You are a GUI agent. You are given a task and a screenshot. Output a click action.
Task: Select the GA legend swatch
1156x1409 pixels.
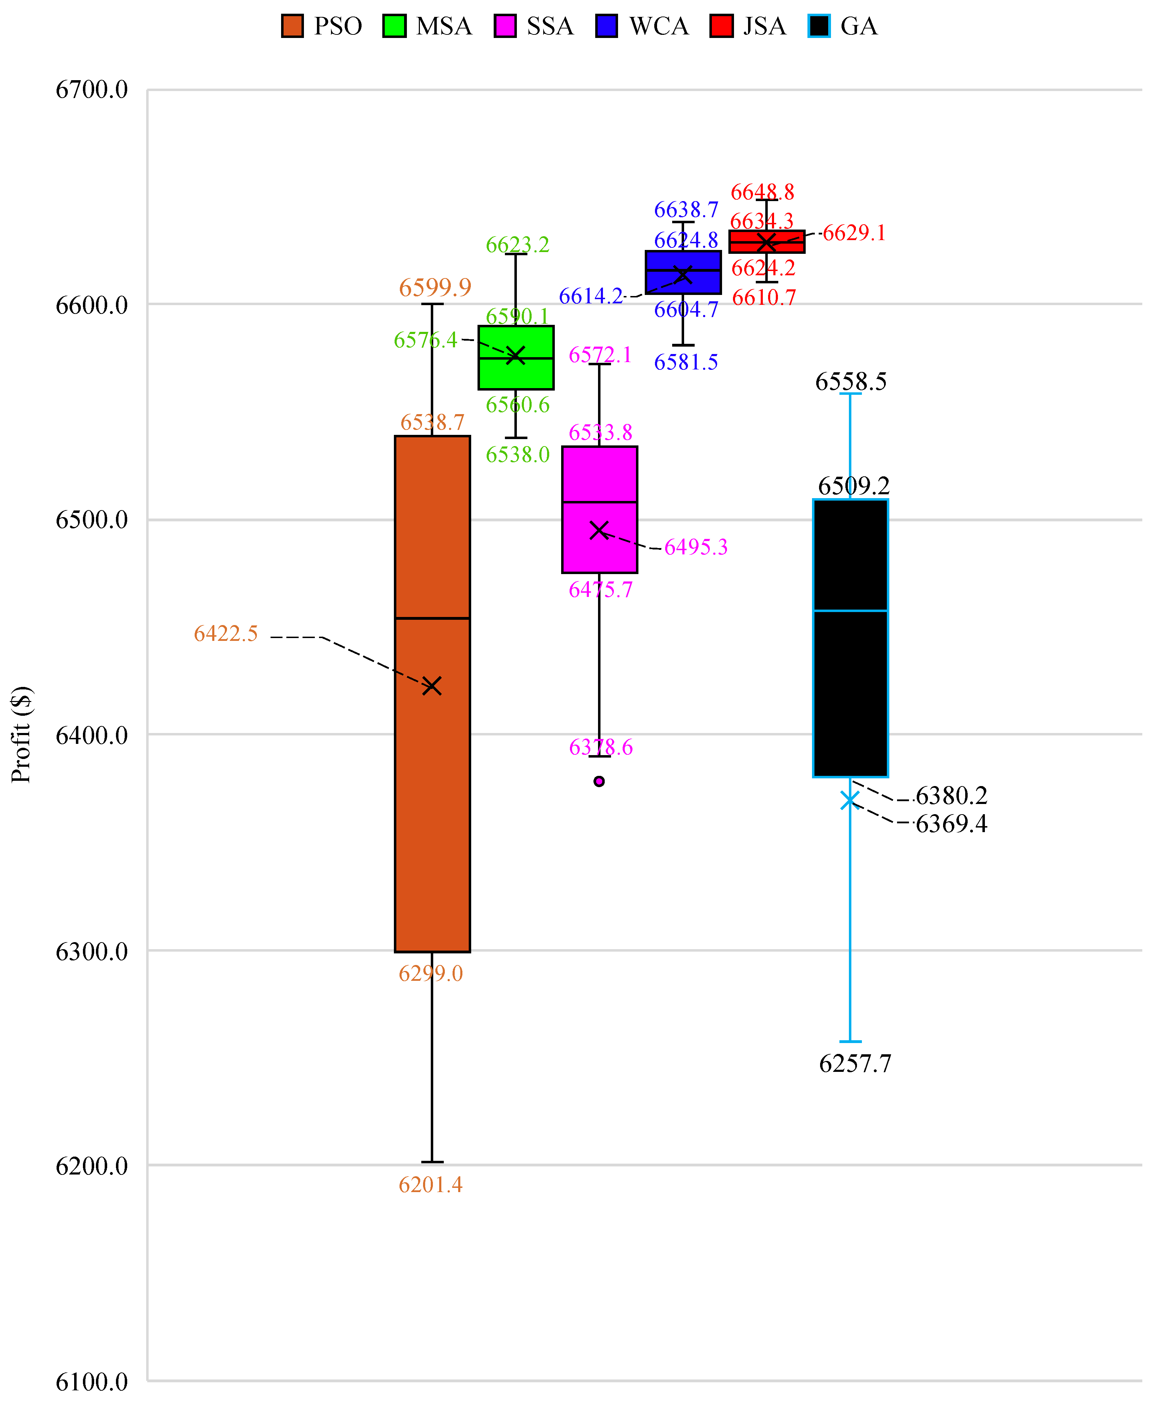pyautogui.click(x=819, y=26)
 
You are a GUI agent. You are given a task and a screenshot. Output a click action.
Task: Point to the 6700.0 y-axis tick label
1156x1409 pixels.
pyautogui.click(x=91, y=89)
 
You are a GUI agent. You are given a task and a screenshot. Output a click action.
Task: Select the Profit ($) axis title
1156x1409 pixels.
pyautogui.click(x=21, y=734)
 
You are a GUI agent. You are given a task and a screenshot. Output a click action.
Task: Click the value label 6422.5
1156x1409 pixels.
pyautogui.click(x=226, y=633)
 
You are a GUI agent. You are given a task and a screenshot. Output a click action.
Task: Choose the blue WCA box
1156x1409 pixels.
pyautogui.click(x=683, y=272)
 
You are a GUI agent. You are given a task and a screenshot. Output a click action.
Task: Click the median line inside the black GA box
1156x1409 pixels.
pyautogui.click(x=850, y=610)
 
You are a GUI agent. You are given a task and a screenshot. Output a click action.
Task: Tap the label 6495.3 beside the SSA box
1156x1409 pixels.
pyautogui.click(x=696, y=547)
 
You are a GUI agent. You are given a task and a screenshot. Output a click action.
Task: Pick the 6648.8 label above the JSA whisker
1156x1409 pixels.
pyautogui.click(x=762, y=193)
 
